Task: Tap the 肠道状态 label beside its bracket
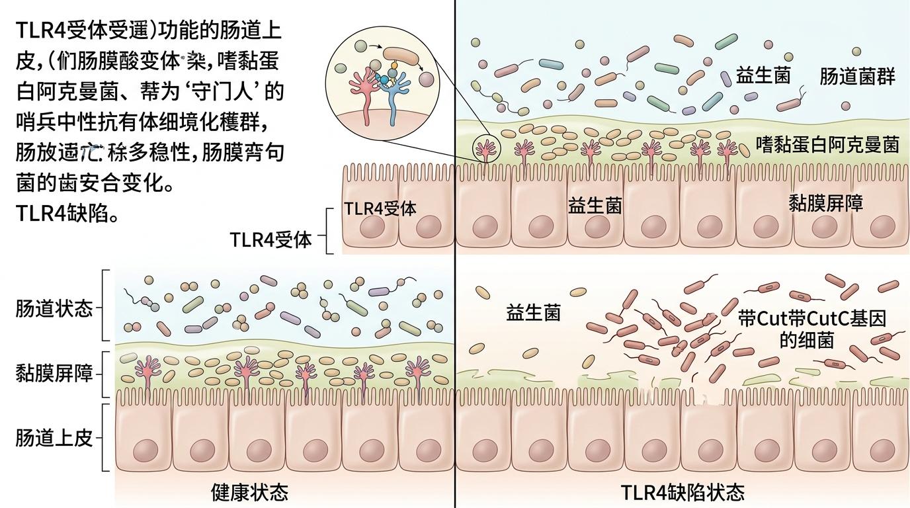point(54,309)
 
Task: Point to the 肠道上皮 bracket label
point(54,438)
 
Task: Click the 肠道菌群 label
point(857,77)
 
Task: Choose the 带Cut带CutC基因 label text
point(811,318)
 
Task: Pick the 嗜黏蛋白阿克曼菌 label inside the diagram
point(827,144)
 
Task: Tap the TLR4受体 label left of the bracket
point(270,239)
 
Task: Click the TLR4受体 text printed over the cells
point(380,208)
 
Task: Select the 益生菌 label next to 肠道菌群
point(763,75)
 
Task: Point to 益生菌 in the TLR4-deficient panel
point(533,312)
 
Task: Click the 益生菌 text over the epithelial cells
point(595,206)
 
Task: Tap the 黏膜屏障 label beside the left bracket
point(54,374)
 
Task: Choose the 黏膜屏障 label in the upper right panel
point(826,202)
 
